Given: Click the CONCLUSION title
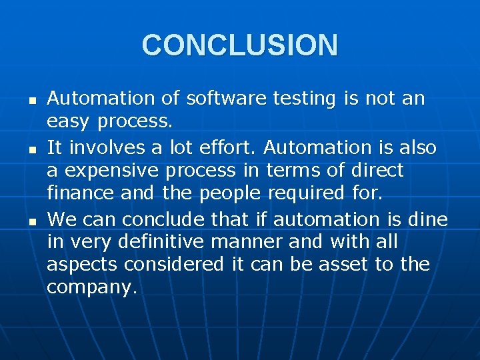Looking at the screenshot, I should coord(240,45).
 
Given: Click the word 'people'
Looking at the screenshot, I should coord(230,194).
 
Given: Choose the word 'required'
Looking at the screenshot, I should coord(306,194).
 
